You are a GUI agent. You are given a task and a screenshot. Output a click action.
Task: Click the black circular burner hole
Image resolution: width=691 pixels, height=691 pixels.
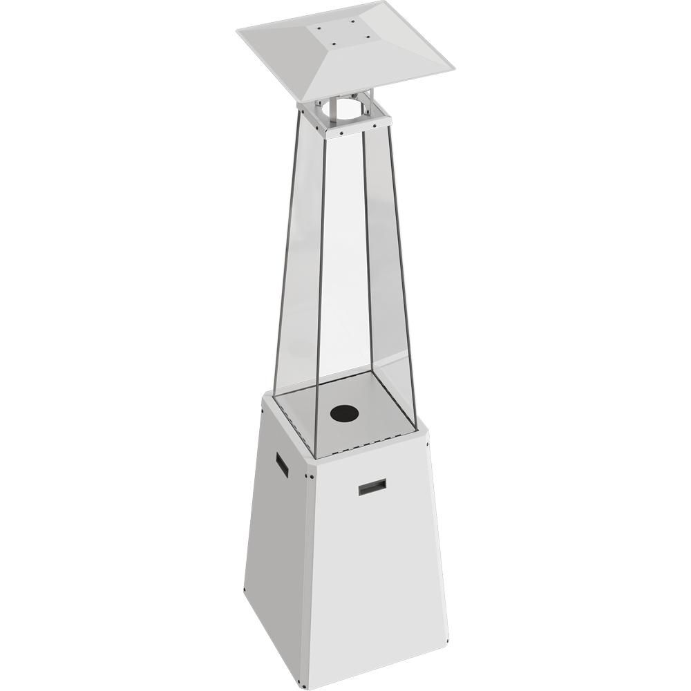[x=345, y=413]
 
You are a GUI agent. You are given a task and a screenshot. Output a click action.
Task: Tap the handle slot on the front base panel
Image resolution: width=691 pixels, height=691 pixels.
[x=372, y=487]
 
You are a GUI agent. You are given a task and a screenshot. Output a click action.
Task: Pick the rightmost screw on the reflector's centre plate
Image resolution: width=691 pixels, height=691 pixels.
[x=368, y=36]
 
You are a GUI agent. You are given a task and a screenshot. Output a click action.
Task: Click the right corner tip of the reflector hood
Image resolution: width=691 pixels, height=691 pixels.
[x=453, y=67]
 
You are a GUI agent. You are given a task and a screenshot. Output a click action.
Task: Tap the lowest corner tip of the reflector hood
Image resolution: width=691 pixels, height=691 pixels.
[x=302, y=102]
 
